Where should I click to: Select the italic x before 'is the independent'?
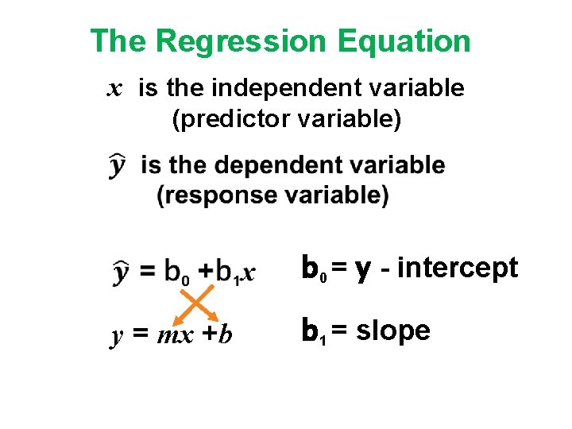[x=115, y=89]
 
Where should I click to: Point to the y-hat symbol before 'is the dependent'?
[x=118, y=166]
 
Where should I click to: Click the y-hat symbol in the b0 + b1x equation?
[x=120, y=271]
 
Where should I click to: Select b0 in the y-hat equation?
[x=176, y=272]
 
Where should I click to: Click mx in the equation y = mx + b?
[x=176, y=336]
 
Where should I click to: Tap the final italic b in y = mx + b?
[x=226, y=334]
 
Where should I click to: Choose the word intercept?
[x=457, y=269]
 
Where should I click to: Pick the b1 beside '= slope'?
[x=312, y=331]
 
